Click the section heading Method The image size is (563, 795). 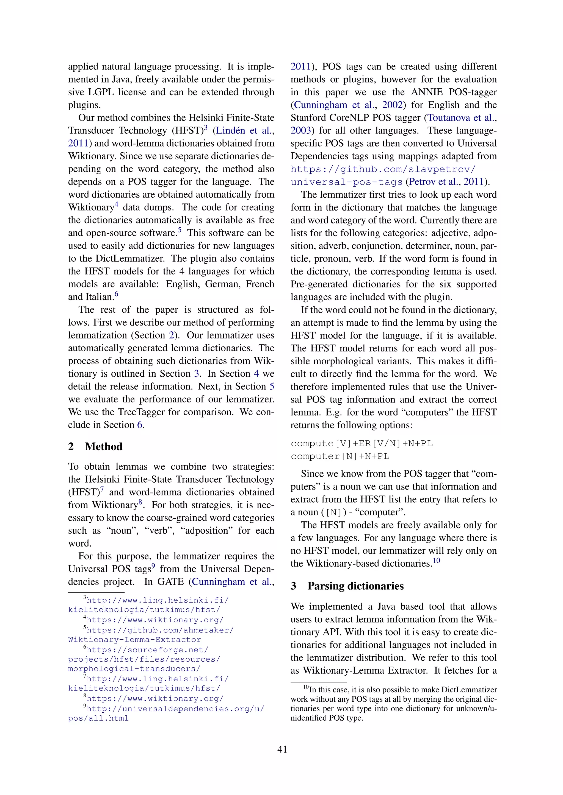coord(103,446)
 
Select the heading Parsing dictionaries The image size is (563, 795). coord(355,586)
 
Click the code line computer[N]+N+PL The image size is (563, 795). coord(340,456)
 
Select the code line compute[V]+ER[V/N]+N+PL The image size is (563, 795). coord(361,444)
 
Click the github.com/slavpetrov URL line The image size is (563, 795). coord(383,169)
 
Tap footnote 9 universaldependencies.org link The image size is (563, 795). coord(175,709)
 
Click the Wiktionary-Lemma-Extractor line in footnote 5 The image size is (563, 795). coord(134,640)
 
